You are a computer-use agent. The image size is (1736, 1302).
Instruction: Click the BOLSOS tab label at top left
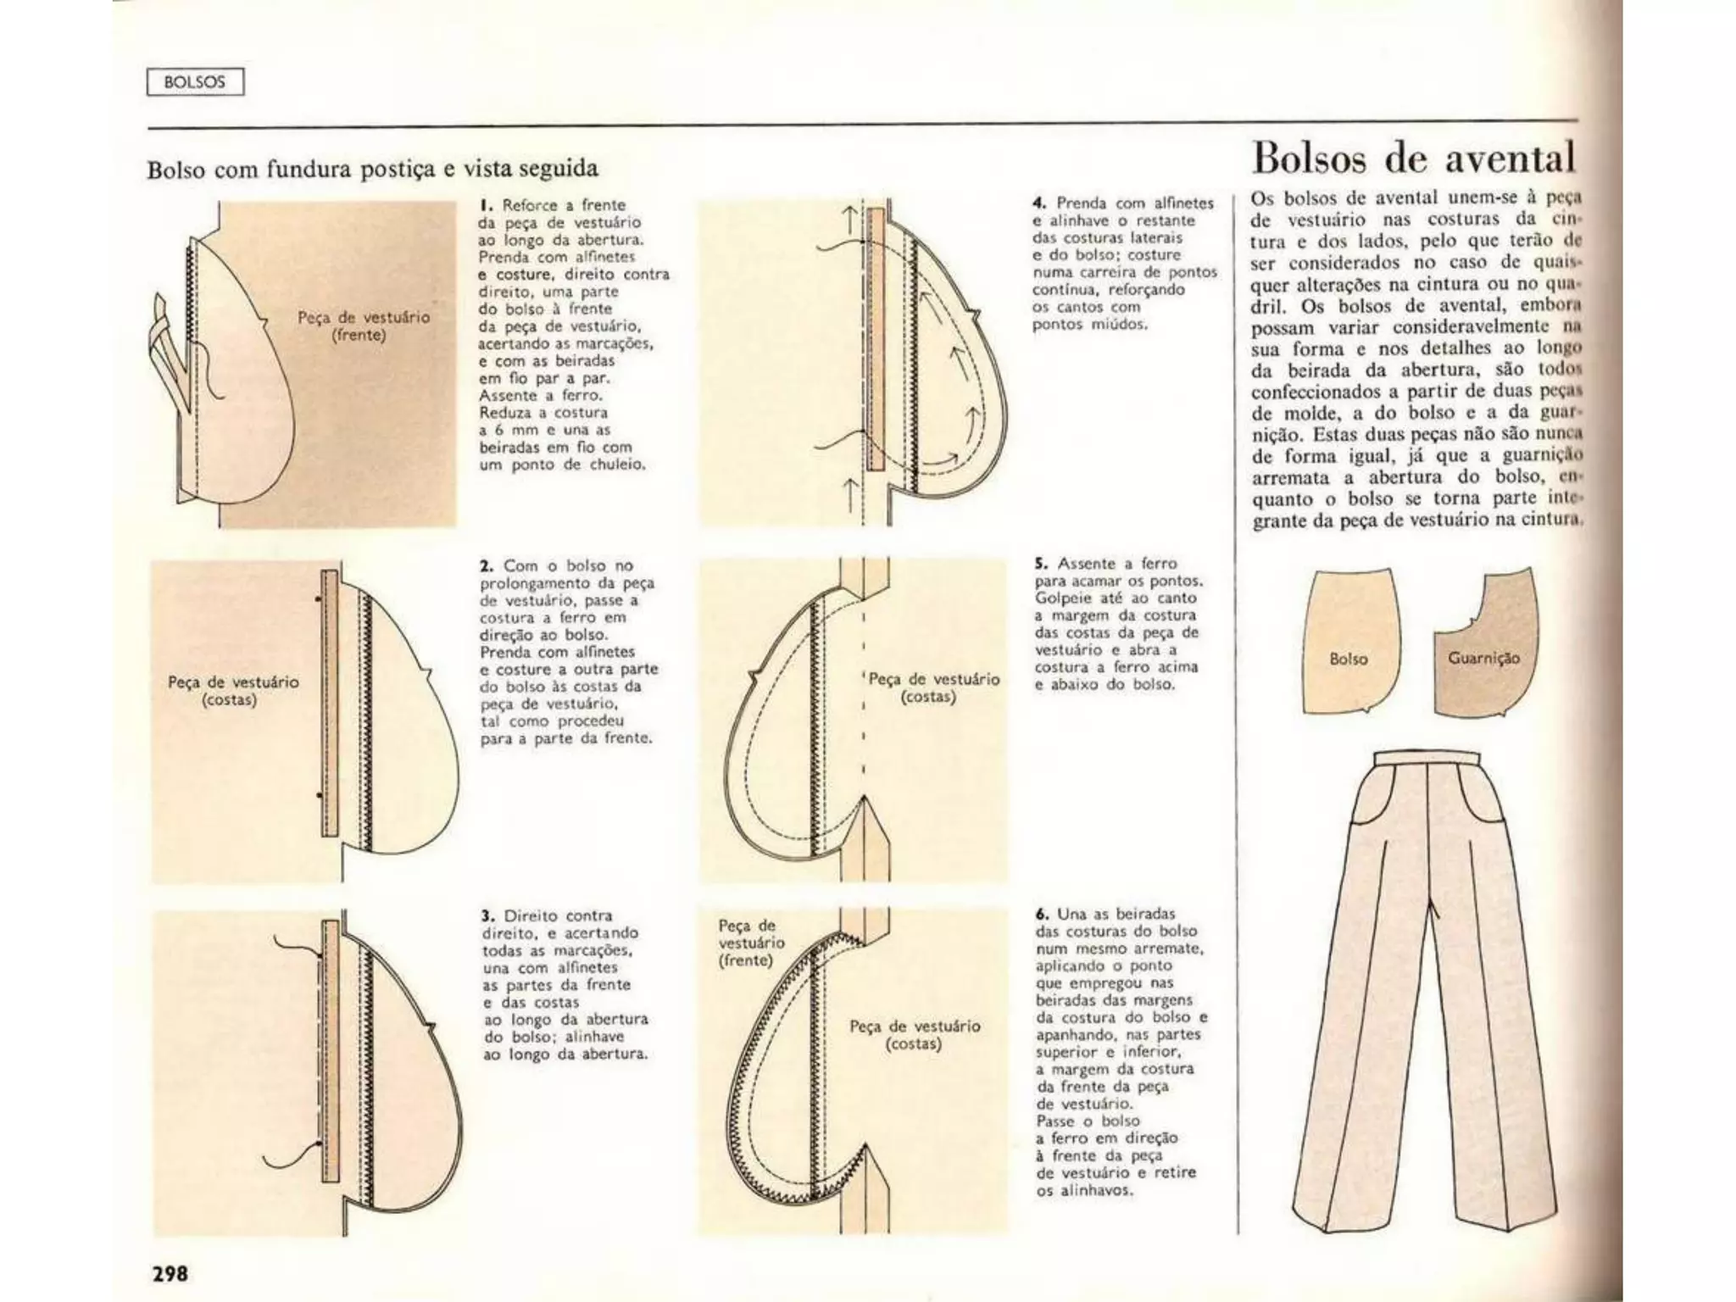tap(195, 82)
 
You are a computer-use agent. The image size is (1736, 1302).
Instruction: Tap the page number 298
tap(170, 1273)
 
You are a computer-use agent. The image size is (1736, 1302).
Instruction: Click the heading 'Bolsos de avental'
tap(1413, 159)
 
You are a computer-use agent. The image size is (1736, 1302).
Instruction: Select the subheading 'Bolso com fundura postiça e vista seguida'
tap(372, 169)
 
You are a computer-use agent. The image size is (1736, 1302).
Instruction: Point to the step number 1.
tap(485, 205)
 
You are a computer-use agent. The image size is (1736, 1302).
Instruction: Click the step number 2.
tap(487, 565)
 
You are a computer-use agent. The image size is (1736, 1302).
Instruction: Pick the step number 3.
tap(487, 915)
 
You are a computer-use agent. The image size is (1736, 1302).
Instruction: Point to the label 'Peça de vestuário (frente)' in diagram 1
tap(363, 326)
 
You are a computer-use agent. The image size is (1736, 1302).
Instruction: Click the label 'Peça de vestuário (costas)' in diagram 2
tap(232, 691)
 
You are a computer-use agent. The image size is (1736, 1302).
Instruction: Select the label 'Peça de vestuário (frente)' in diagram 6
tap(746, 943)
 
